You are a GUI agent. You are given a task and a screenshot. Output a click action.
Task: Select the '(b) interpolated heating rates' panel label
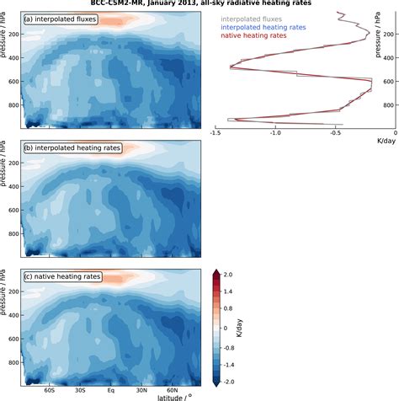[x=72, y=147]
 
